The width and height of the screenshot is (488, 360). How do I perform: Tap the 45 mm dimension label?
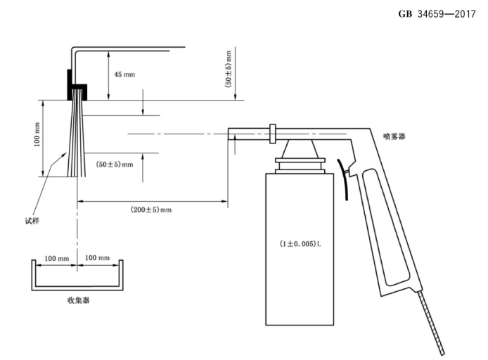(124, 74)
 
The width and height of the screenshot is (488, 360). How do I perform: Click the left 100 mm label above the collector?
(56, 258)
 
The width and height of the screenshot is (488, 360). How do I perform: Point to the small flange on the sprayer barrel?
(271, 132)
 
